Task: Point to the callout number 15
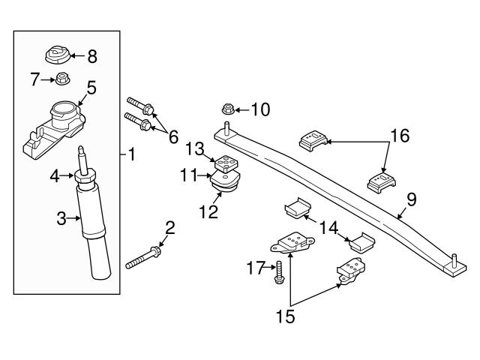tap(286, 316)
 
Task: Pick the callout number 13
tap(195, 148)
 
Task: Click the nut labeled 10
tap(228, 111)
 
